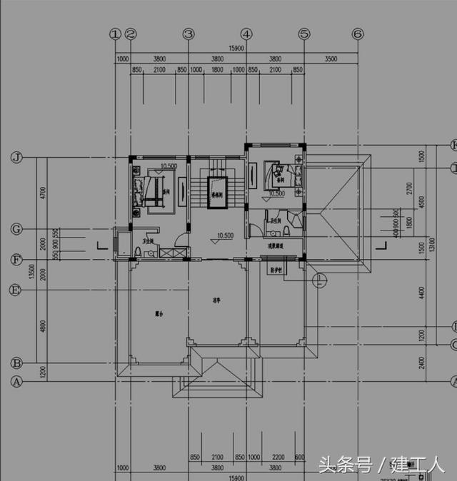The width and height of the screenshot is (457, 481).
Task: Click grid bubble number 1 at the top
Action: coord(114,34)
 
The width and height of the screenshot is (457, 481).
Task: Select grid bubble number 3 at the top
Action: coord(188,34)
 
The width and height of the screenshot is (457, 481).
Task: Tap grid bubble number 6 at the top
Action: coord(358,34)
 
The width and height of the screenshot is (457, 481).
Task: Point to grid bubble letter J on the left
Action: coord(16,158)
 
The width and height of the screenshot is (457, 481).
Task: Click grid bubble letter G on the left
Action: coord(16,229)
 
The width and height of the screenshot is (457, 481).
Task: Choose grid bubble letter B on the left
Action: coord(16,363)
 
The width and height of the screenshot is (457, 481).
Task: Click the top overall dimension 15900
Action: coord(236,49)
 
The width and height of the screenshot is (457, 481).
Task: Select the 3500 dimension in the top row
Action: coord(331,60)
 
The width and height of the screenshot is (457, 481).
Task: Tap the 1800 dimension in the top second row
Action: coord(217,70)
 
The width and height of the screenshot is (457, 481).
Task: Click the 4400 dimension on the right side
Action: coord(423,294)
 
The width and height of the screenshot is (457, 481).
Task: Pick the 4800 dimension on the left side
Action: coord(43,326)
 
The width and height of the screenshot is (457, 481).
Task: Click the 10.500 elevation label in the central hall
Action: coord(225,235)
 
